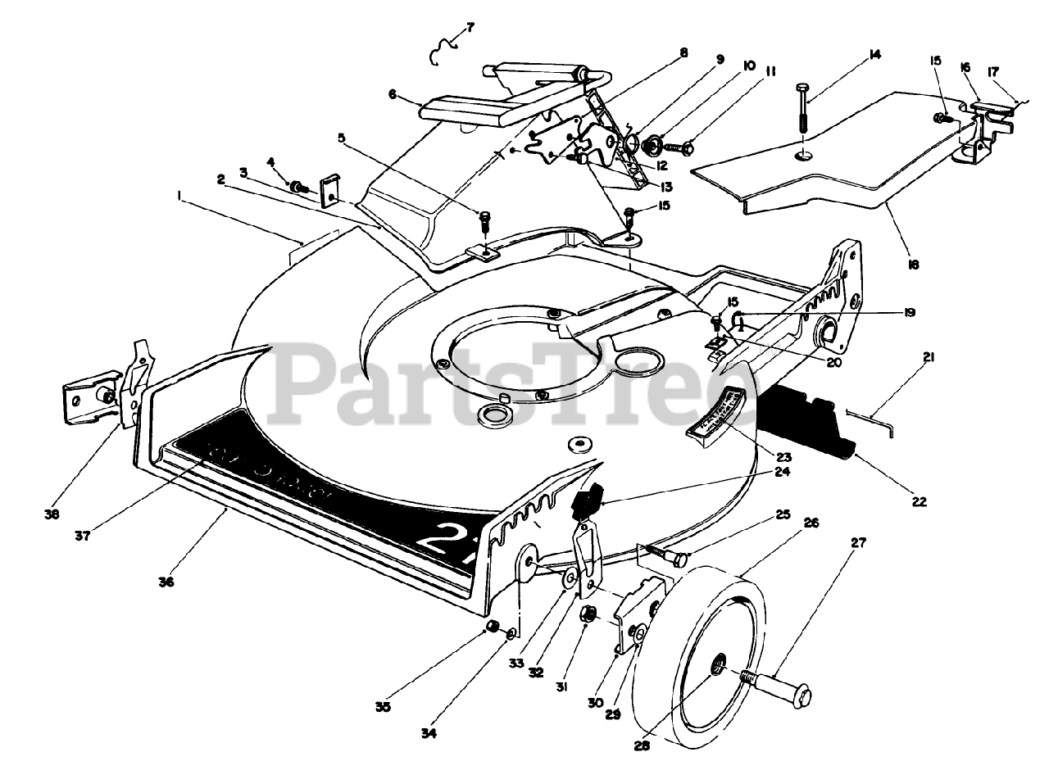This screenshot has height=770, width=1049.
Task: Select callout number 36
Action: click(166, 582)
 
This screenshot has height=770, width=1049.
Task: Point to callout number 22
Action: click(919, 501)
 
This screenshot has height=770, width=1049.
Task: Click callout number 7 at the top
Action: click(470, 27)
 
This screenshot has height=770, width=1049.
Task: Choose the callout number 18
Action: click(914, 265)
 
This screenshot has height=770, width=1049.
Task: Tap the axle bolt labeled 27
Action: click(779, 686)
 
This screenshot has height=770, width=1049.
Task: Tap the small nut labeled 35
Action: click(493, 627)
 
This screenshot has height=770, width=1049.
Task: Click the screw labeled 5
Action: click(484, 220)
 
